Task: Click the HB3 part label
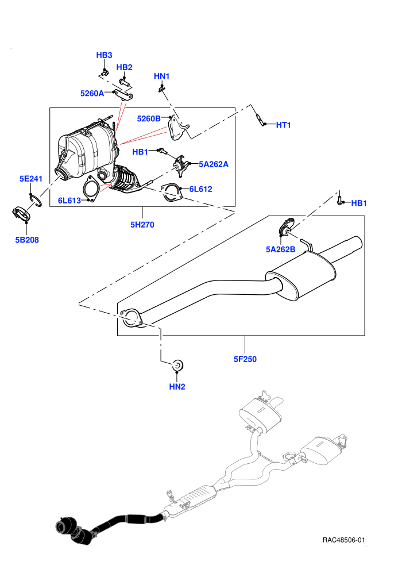pyautogui.click(x=104, y=55)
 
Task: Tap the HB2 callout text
pyautogui.click(x=125, y=67)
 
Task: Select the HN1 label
pyautogui.click(x=162, y=76)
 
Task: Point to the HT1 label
pyautogui.click(x=284, y=125)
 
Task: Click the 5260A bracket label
pyautogui.click(x=92, y=93)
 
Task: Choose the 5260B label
pyautogui.click(x=149, y=118)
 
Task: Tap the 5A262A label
pyautogui.click(x=214, y=164)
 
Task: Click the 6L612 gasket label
pyautogui.click(x=200, y=189)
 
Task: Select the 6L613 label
pyautogui.click(x=69, y=201)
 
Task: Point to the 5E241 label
pyautogui.click(x=31, y=179)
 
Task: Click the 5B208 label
pyautogui.click(x=27, y=240)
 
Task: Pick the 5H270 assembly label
pyautogui.click(x=142, y=225)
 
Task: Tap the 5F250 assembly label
pyautogui.click(x=245, y=359)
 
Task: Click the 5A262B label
pyautogui.click(x=281, y=249)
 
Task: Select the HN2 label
pyautogui.click(x=177, y=387)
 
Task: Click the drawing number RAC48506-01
pyautogui.click(x=343, y=540)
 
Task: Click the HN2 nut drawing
pyautogui.click(x=177, y=365)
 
